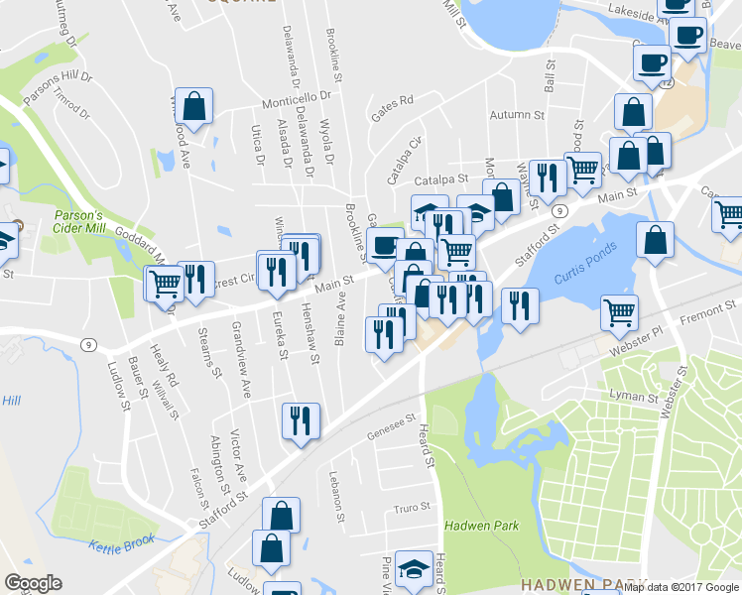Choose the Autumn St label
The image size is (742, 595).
[520, 115]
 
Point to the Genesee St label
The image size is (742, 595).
[389, 426]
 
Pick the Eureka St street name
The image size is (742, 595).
[280, 333]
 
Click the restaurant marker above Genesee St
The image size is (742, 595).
[298, 420]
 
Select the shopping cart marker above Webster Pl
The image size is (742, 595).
[620, 312]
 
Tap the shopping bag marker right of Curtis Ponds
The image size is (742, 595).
[655, 241]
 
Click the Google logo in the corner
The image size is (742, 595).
[33, 583]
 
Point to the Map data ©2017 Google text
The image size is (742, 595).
[680, 587]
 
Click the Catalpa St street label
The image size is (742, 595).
[440, 180]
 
